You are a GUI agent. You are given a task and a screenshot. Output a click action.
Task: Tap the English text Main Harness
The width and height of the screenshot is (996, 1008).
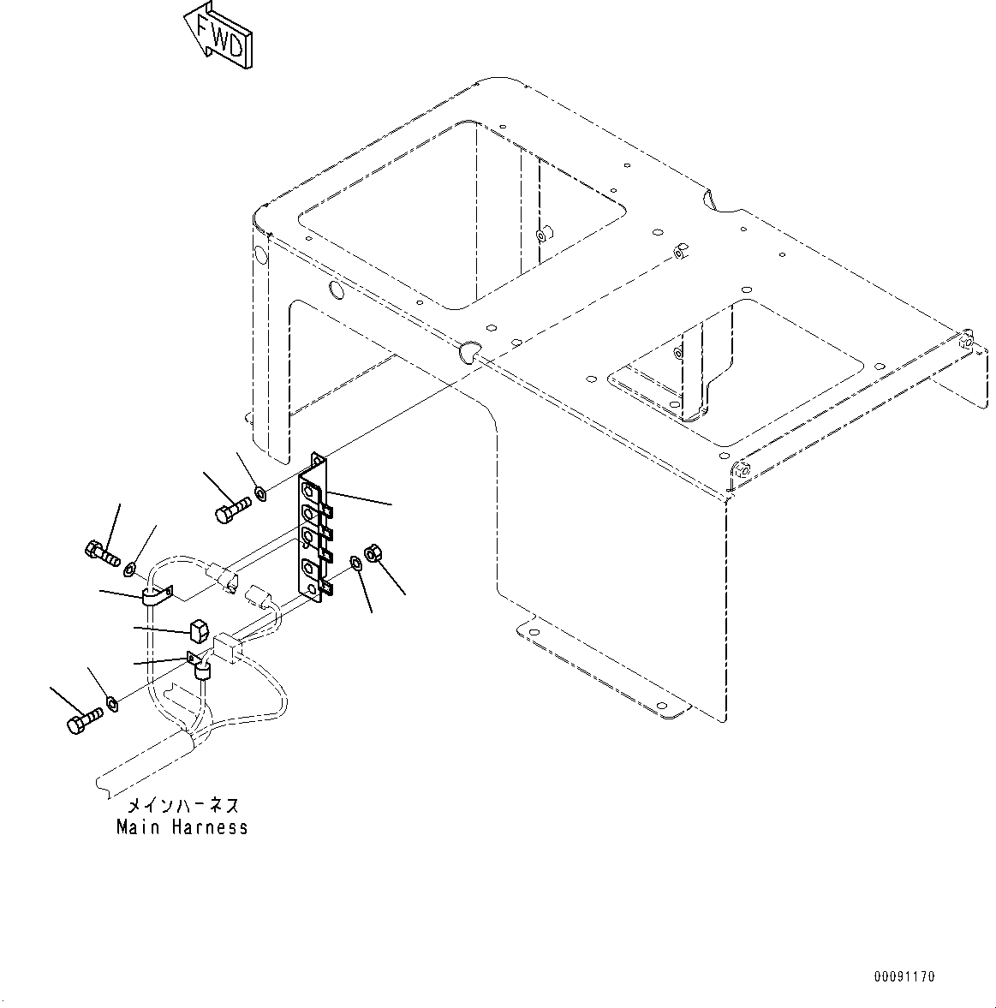(182, 827)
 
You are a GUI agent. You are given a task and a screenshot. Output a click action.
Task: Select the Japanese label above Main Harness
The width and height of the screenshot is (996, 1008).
(182, 806)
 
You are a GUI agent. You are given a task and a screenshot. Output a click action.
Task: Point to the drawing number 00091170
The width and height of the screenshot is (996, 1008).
(904, 976)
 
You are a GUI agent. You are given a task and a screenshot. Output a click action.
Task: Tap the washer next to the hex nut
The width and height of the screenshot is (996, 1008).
(355, 563)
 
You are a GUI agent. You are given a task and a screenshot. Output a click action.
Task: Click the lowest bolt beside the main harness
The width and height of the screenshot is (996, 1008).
(83, 722)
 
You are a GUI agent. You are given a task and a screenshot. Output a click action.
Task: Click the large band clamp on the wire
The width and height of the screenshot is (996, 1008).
(154, 596)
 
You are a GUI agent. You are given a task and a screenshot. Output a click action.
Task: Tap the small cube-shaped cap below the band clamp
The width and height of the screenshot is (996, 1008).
(196, 631)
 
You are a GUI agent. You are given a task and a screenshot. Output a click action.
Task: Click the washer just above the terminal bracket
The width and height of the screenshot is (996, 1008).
(260, 493)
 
